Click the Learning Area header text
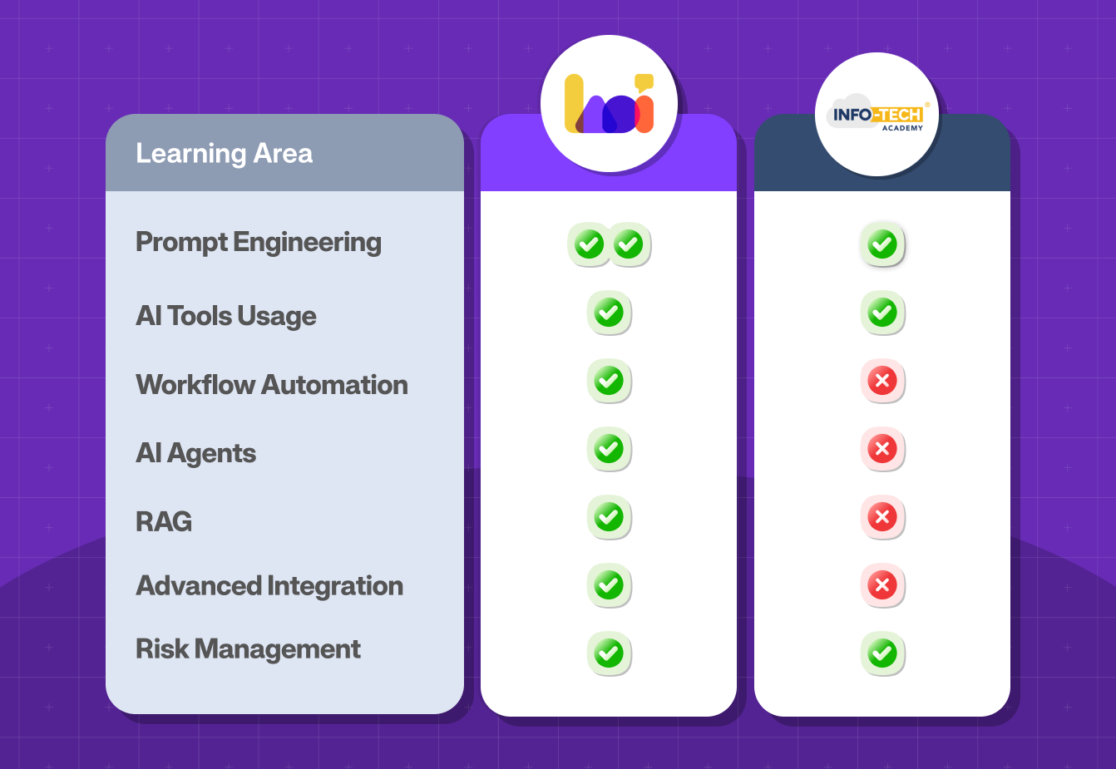click(224, 154)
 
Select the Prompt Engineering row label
click(258, 242)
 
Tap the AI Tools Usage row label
click(225, 316)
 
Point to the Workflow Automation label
click(271, 385)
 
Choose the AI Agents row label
click(195, 453)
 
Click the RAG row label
click(164, 521)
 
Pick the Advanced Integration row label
click(269, 586)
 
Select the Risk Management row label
click(248, 649)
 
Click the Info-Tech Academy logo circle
click(877, 115)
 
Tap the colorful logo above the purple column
click(609, 104)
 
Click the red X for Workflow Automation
click(881, 382)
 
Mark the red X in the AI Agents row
click(881, 450)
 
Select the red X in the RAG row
click(881, 517)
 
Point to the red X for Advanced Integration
click(881, 585)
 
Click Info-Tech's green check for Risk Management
click(881, 654)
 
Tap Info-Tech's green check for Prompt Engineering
click(881, 245)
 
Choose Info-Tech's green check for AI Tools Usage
click(881, 313)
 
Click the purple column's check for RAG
click(609, 517)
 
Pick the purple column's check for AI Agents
click(609, 450)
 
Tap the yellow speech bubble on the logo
click(644, 82)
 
